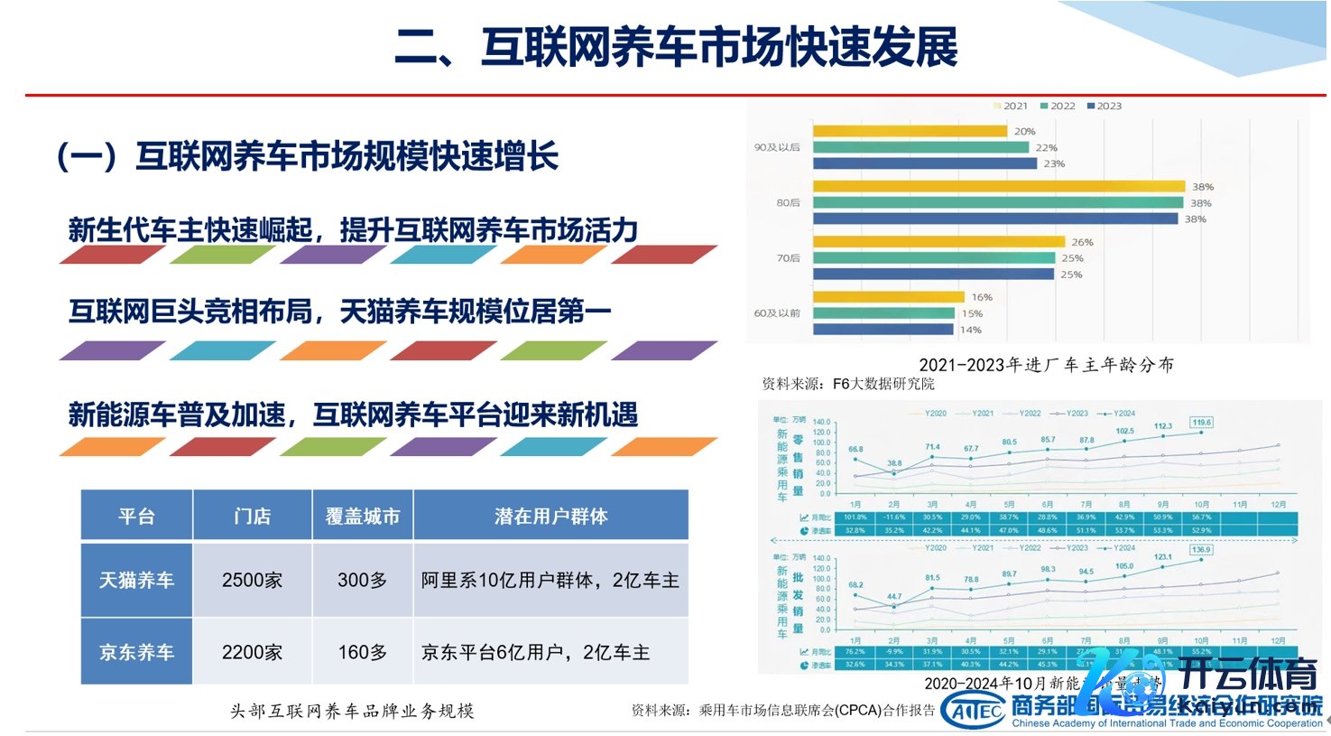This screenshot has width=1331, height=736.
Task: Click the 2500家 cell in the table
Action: coord(252,580)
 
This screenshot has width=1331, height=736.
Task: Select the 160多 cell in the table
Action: coord(362,652)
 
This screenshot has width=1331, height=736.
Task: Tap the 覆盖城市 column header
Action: coord(362,516)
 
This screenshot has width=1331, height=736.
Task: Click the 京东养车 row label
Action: coord(136,652)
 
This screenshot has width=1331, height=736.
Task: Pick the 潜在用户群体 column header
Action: coord(550,516)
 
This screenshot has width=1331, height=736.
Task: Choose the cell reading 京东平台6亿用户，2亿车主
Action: coord(535,652)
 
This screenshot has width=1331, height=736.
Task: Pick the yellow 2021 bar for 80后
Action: coord(998,187)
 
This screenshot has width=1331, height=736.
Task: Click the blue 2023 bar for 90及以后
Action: coord(925,163)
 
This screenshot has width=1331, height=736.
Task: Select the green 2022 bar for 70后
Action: coord(933,258)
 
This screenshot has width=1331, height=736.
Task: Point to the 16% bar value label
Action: coord(982,297)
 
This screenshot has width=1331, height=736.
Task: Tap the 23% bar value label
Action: coord(1054,163)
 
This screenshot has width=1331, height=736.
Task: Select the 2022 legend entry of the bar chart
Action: coord(1058,106)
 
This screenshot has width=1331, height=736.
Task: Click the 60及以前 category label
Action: coord(777,313)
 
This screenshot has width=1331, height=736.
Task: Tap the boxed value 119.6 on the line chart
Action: coord(1201,422)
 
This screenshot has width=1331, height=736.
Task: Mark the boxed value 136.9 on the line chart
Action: coord(1201,549)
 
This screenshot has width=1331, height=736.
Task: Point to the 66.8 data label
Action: coord(855,449)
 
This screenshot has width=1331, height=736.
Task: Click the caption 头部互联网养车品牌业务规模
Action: coord(352,711)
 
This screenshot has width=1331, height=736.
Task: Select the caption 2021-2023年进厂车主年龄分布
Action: coord(1046,365)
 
